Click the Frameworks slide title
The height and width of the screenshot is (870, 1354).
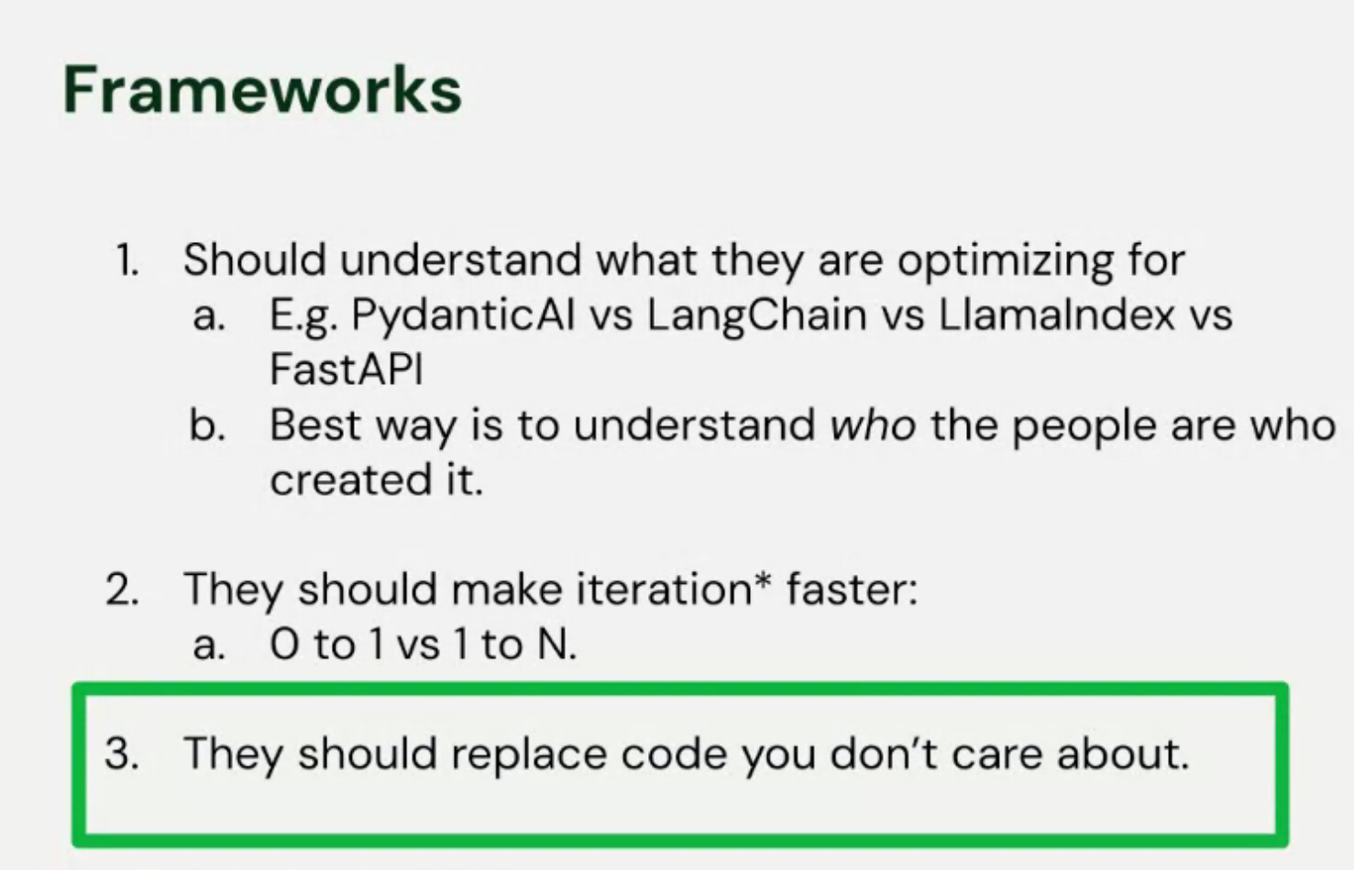point(262,90)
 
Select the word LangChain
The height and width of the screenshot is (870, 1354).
point(756,315)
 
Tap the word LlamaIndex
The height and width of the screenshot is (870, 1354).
point(1056,315)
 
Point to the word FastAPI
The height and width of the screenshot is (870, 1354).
point(347,369)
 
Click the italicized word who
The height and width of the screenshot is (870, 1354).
point(872,425)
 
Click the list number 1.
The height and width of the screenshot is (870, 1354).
point(127,260)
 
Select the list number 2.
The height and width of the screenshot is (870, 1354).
point(122,589)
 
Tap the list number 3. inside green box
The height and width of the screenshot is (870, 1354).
point(122,754)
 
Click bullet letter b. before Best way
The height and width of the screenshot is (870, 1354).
point(207,425)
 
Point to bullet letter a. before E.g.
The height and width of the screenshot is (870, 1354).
point(209,315)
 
